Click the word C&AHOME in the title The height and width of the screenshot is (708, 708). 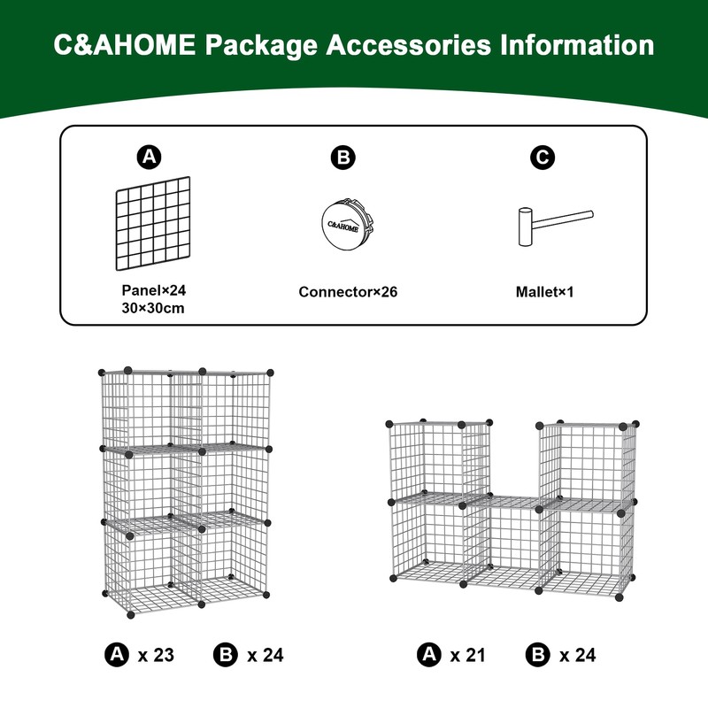coord(123,45)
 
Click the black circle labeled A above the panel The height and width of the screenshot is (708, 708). coord(149,158)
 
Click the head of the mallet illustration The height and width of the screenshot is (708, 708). coord(524,227)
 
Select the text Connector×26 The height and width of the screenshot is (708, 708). coord(348,290)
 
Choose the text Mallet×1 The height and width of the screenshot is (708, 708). coord(545,290)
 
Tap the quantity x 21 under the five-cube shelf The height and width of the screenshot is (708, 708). coord(468,655)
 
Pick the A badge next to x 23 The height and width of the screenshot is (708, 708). coord(116,655)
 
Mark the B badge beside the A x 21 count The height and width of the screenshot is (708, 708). coord(536,655)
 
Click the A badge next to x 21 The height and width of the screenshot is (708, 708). coord(429,655)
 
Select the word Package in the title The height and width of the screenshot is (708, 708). coord(251,45)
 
